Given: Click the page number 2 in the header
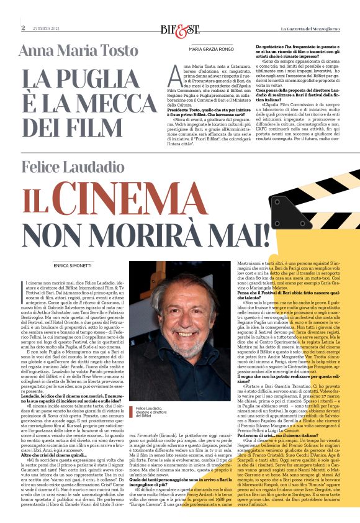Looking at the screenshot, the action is (23, 28).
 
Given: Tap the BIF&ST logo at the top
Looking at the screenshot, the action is (178, 29).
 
